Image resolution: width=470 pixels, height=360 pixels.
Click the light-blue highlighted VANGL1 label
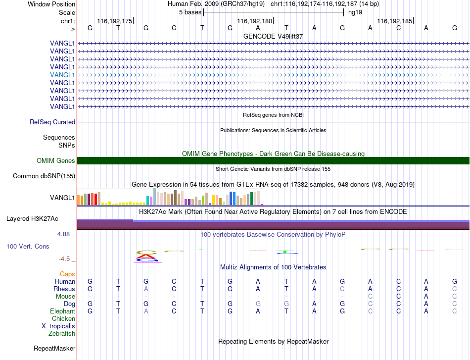tap(62, 75)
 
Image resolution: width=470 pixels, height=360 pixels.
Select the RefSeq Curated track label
tap(52, 122)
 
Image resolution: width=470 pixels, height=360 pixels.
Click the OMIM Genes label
tap(56, 161)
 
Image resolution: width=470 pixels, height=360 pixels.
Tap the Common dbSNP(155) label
tap(44, 176)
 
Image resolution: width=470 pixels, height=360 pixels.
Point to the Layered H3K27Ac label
tap(32, 219)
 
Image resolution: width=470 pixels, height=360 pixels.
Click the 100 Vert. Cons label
tap(28, 246)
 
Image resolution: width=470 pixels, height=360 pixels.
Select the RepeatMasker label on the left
tap(54, 348)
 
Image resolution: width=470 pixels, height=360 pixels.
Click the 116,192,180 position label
tap(254, 21)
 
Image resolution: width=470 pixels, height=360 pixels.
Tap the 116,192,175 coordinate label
tap(114, 21)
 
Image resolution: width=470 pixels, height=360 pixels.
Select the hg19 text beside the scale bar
tap(355, 12)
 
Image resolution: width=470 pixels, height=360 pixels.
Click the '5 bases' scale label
tap(190, 12)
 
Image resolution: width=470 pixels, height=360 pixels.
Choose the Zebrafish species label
tap(62, 334)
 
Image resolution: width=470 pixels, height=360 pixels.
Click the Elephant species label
tap(63, 311)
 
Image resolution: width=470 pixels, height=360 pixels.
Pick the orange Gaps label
tap(67, 274)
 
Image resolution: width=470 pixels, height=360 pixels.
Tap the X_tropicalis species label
tap(58, 326)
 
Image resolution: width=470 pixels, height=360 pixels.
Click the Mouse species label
tap(66, 297)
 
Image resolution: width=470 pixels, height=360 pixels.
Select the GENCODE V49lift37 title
tap(273, 36)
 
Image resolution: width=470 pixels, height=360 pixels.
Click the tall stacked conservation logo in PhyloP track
tap(146, 256)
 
